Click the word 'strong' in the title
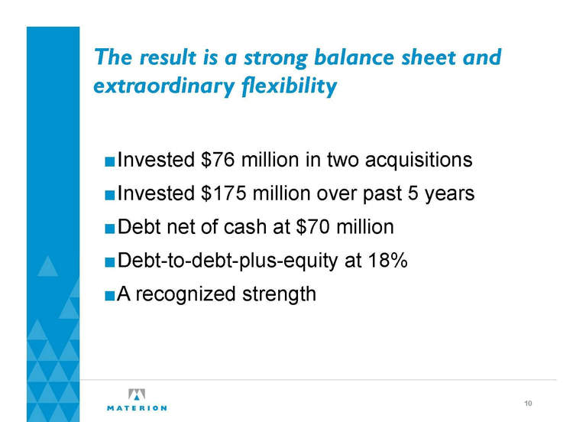point(276,59)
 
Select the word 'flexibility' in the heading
point(289,86)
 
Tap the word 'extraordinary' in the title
point(164,87)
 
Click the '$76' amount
point(218,160)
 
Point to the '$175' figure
point(223,193)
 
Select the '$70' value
point(312,227)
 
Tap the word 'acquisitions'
point(419,161)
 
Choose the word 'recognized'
point(185,295)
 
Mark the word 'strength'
point(279,294)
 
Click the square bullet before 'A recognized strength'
point(109,295)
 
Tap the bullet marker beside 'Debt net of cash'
point(109,229)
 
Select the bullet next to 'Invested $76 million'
point(109,161)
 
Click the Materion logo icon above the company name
point(137,394)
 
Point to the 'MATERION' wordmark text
point(137,408)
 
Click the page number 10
point(528,404)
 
